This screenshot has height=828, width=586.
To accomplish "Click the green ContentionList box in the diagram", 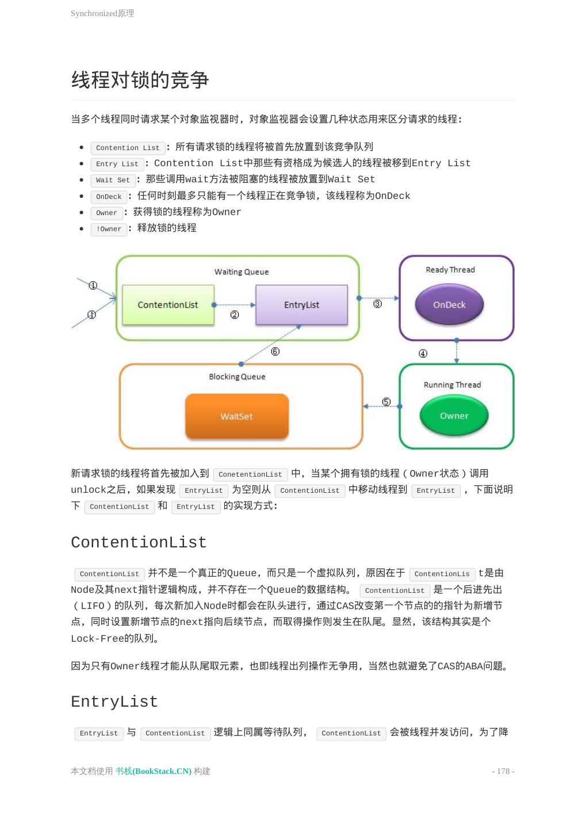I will [x=168, y=305].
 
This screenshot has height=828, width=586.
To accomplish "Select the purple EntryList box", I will [x=301, y=305].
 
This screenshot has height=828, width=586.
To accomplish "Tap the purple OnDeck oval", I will [x=449, y=305].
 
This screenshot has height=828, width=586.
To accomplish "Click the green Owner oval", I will [x=454, y=416].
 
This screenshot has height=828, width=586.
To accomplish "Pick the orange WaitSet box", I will [x=236, y=416].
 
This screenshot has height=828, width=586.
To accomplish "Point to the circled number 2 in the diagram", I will [x=235, y=315].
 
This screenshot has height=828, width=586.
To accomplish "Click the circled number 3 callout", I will [x=377, y=304].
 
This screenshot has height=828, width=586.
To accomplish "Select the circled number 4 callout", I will [x=423, y=354].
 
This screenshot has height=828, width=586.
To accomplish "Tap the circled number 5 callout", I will [x=386, y=401].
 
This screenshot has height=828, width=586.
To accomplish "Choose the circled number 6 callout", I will [x=275, y=351].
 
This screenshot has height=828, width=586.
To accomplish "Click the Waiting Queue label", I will [x=242, y=272].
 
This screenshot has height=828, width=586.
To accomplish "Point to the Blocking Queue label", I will [x=237, y=377].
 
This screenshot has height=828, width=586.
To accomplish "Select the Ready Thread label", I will [x=450, y=270].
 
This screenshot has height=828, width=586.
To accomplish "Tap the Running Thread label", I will [x=452, y=385].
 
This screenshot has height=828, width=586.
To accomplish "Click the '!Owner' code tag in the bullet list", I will [x=109, y=229].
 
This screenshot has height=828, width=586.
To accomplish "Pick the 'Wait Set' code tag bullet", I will [x=113, y=180].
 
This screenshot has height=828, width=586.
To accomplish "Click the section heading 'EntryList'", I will [x=114, y=701].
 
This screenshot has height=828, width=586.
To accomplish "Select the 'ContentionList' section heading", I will [x=139, y=542].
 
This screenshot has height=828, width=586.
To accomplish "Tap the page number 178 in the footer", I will [x=503, y=771].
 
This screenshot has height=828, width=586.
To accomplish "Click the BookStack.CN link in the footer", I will [x=154, y=771].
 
